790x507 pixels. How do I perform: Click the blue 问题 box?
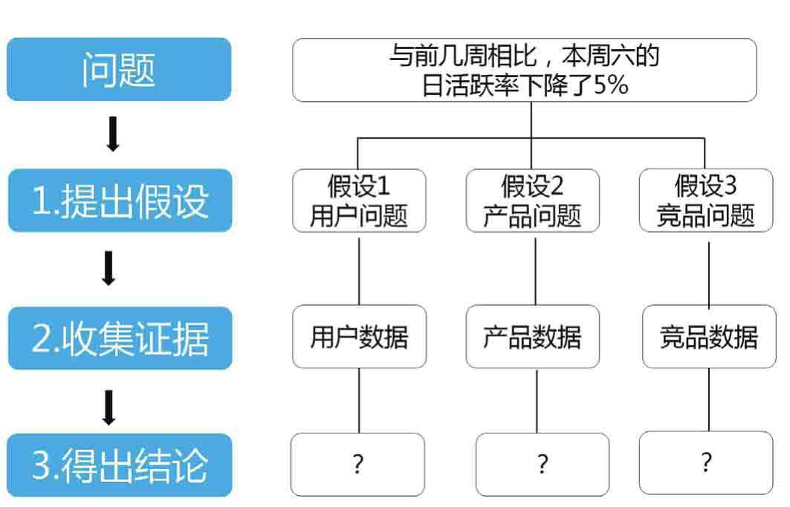click(119, 69)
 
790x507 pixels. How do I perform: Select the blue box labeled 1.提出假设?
click(120, 200)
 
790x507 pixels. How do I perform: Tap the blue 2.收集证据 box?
click(120, 338)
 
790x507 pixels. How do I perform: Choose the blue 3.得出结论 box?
click(120, 465)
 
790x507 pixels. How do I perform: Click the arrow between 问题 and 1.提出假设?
click(113, 134)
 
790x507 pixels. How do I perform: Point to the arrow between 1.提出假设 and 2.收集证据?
click(109, 268)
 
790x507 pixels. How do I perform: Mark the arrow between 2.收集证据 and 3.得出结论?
click(109, 408)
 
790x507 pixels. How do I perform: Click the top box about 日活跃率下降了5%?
click(525, 70)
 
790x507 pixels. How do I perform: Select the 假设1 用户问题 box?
click(359, 200)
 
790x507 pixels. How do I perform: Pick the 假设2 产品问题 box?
click(533, 200)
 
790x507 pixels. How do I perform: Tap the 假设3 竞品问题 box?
click(706, 200)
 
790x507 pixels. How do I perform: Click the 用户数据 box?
click(359, 336)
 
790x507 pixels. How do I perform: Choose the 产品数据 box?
click(533, 336)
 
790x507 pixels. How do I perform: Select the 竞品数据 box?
click(710, 336)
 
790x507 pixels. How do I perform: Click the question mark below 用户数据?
click(358, 464)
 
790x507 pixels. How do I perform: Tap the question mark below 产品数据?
click(543, 464)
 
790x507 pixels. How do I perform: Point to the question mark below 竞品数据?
click(706, 462)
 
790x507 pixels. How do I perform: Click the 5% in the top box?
click(611, 85)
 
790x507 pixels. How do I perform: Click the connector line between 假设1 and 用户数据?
click(359, 272)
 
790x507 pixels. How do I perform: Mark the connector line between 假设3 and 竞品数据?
click(709, 275)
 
